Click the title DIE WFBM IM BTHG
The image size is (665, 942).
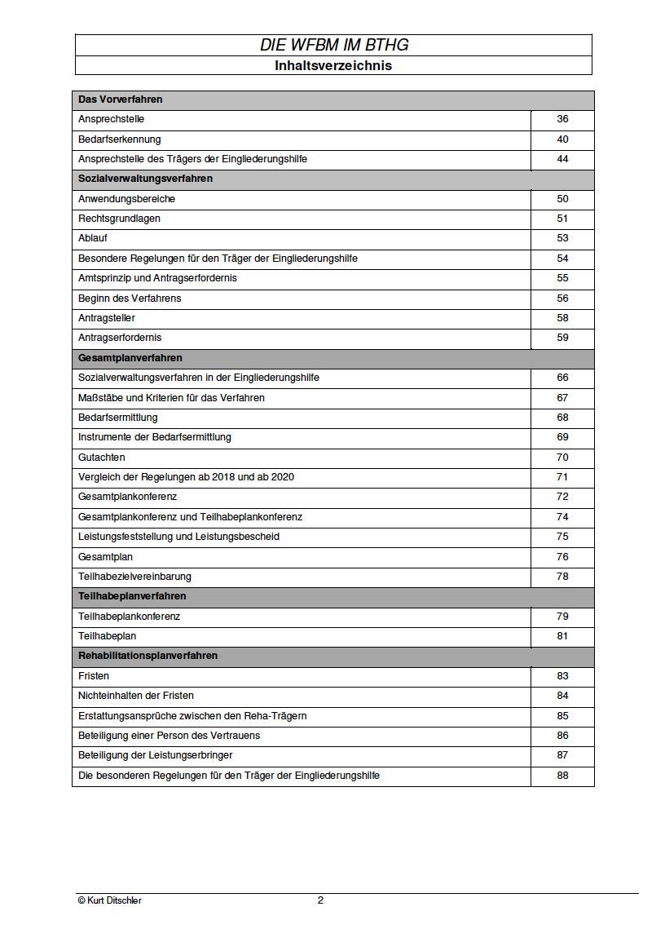coord(333,46)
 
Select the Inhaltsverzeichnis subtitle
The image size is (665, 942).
coord(333,66)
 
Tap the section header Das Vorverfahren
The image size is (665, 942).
coord(121,100)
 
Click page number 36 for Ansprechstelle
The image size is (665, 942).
coord(562,119)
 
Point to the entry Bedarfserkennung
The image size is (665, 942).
coord(120,139)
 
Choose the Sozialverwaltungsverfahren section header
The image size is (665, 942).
coord(145,179)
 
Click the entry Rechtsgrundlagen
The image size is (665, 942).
coord(119,219)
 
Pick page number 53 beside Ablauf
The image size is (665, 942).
coord(562,238)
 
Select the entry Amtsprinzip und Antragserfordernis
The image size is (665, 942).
coord(158,278)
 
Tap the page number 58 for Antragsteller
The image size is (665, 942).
coord(562,318)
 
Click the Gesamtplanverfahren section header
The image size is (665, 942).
coord(130,358)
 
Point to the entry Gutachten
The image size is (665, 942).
coord(102,458)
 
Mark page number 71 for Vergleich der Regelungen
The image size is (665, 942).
coord(562,477)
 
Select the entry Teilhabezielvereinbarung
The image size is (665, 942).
coord(134,577)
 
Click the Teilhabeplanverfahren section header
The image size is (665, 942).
coord(132,596)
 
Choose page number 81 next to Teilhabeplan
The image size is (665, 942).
coord(562,636)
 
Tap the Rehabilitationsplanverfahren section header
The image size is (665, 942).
coord(148,656)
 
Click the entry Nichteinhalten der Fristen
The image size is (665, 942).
coord(136,696)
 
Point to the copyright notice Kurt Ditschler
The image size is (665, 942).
coord(110,900)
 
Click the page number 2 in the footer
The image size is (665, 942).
coord(320,900)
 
